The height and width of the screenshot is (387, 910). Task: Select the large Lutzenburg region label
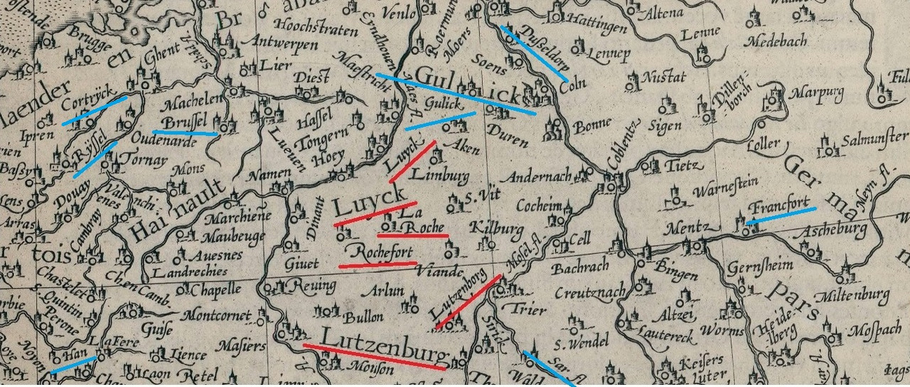click(385, 341)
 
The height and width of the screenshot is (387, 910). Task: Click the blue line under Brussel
click(185, 133)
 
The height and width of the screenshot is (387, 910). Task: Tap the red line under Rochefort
click(377, 265)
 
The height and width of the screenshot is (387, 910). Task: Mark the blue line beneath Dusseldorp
click(534, 54)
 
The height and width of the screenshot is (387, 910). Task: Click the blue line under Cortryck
click(95, 110)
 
